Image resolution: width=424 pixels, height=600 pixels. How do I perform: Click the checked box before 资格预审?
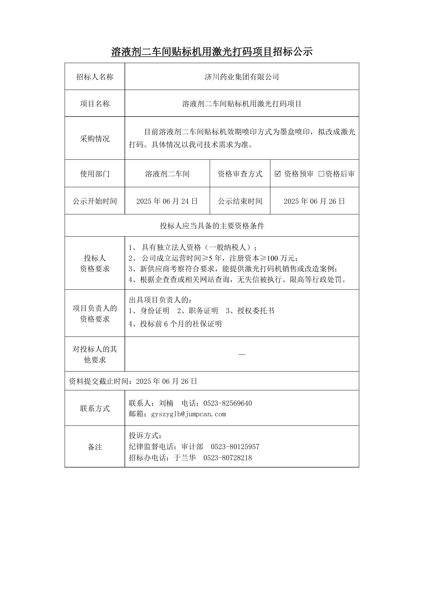pos(278,174)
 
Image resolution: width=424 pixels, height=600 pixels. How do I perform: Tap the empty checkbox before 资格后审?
pos(321,174)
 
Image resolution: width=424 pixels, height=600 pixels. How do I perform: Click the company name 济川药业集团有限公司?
pos(242,77)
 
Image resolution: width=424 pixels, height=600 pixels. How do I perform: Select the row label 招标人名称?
pos(95,77)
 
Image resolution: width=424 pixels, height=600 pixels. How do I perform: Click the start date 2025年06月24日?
pos(167,201)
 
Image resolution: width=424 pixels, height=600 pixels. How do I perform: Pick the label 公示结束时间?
pos(240,201)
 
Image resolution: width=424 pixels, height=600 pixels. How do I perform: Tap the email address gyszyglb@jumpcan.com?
pos(188,414)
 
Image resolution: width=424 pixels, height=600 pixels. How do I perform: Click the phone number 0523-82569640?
pos(227,403)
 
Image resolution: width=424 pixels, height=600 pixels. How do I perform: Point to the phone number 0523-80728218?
pos(227,458)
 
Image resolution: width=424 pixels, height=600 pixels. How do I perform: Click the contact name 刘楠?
pos(166,403)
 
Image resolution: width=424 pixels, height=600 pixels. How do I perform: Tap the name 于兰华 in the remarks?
pos(185,458)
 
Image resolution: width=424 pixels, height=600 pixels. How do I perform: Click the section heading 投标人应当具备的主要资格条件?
pos(212,226)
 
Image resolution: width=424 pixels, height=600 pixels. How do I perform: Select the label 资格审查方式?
pos(240,174)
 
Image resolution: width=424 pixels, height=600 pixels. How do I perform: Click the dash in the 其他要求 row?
pos(242,354)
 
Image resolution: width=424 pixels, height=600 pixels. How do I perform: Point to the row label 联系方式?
pos(95,408)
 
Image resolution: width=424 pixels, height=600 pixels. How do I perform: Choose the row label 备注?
pos(95,447)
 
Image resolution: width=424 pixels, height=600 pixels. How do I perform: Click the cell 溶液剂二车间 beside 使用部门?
pos(167,174)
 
